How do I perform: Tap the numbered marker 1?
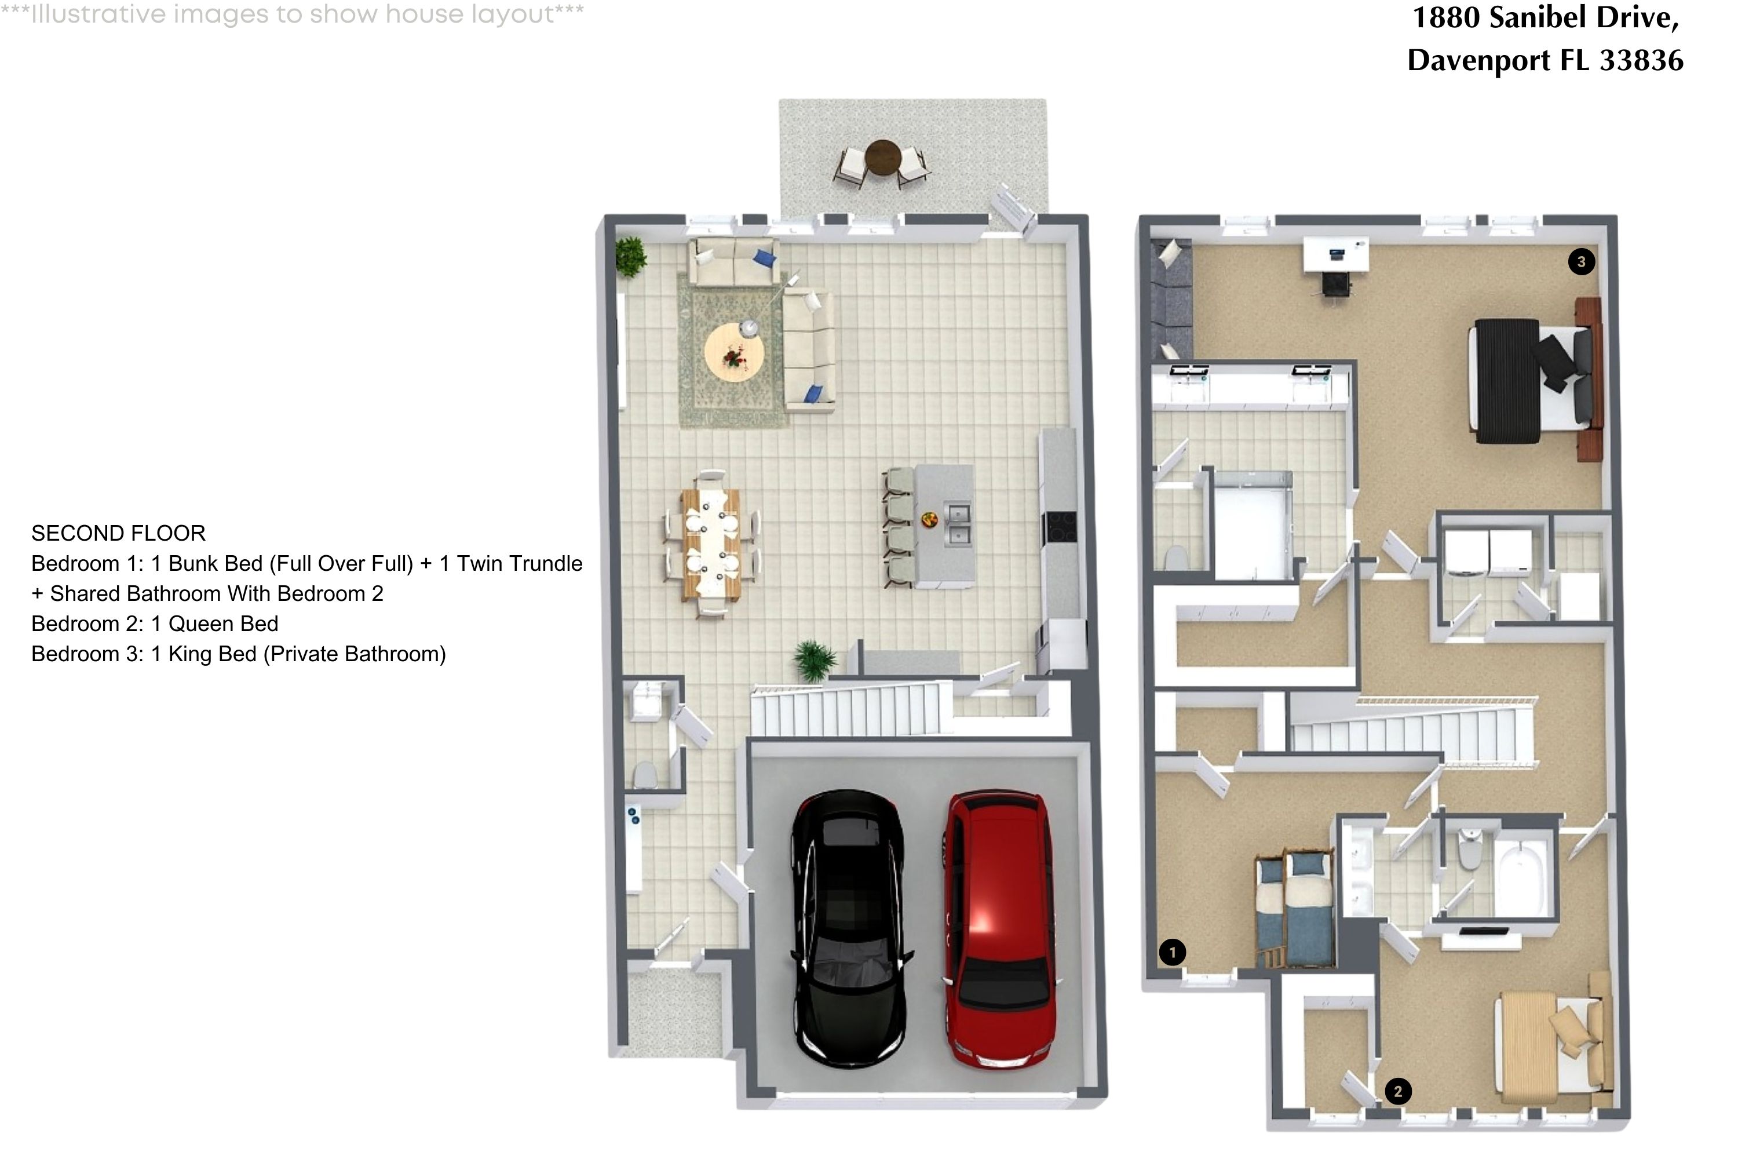click(x=1172, y=952)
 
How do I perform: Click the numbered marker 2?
click(x=1397, y=1091)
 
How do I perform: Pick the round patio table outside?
click(x=882, y=156)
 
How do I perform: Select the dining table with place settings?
click(x=711, y=544)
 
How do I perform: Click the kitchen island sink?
click(x=958, y=523)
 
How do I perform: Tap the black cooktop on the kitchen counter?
click(x=1059, y=527)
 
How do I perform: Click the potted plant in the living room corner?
click(x=630, y=257)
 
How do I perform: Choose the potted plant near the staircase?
click(x=815, y=659)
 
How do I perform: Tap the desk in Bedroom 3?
click(x=1335, y=255)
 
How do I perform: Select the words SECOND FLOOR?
click(x=118, y=533)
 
